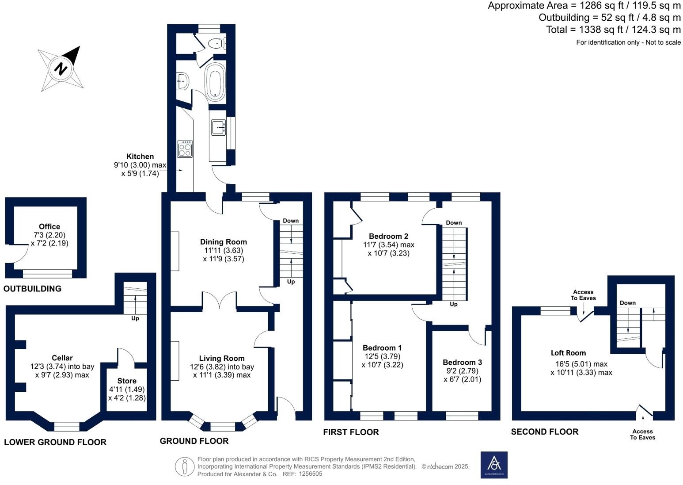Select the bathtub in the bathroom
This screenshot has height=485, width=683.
click(x=215, y=81)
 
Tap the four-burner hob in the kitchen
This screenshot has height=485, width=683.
click(x=185, y=149)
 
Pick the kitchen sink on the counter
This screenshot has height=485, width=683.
click(x=218, y=127)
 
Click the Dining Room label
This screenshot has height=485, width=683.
click(x=223, y=242)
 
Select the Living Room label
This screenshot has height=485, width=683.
click(x=221, y=358)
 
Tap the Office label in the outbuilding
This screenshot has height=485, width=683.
click(x=49, y=226)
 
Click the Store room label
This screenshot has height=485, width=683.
click(x=127, y=381)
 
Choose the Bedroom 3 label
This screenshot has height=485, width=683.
click(x=462, y=362)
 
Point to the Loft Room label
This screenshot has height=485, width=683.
click(x=568, y=353)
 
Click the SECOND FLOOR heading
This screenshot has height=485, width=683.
click(x=544, y=432)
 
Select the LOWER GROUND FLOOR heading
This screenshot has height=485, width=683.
click(x=55, y=442)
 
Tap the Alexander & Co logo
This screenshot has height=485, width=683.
click(x=494, y=465)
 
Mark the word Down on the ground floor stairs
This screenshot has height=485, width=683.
click(x=291, y=221)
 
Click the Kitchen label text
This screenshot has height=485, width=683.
click(x=140, y=157)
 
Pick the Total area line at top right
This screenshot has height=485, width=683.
click(x=613, y=30)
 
